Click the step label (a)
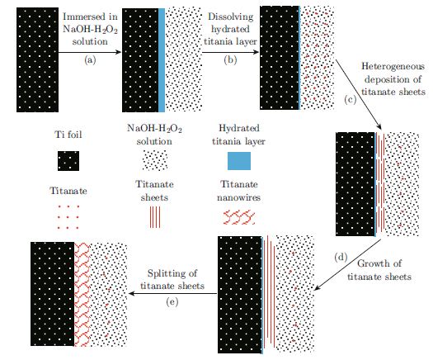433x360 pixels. pyautogui.click(x=90, y=60)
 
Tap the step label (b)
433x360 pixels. pyautogui.click(x=230, y=60)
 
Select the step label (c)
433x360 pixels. pyautogui.click(x=351, y=100)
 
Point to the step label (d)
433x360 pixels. pyautogui.click(x=341, y=258)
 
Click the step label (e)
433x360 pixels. pyautogui.click(x=172, y=302)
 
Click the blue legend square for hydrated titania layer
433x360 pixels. pyautogui.click(x=239, y=161)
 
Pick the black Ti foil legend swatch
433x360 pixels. pyautogui.click(x=68, y=161)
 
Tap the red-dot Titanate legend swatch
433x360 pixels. pyautogui.click(x=68, y=217)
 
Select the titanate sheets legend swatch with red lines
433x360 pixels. pyautogui.click(x=155, y=217)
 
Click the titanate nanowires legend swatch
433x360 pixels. pyautogui.click(x=239, y=217)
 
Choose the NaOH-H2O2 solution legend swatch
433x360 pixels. pyautogui.click(x=155, y=160)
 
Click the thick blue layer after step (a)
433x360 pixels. pyautogui.click(x=162, y=60)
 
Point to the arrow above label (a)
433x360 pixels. pyautogui.click(x=90, y=52)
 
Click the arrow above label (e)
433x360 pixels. pyautogui.click(x=173, y=293)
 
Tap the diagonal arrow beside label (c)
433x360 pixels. pyautogui.click(x=359, y=94)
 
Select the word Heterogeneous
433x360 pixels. pyautogui.click(x=393, y=67)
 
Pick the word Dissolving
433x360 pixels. pyautogui.click(x=231, y=17)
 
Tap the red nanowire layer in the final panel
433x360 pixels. pyautogui.click(x=82, y=294)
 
